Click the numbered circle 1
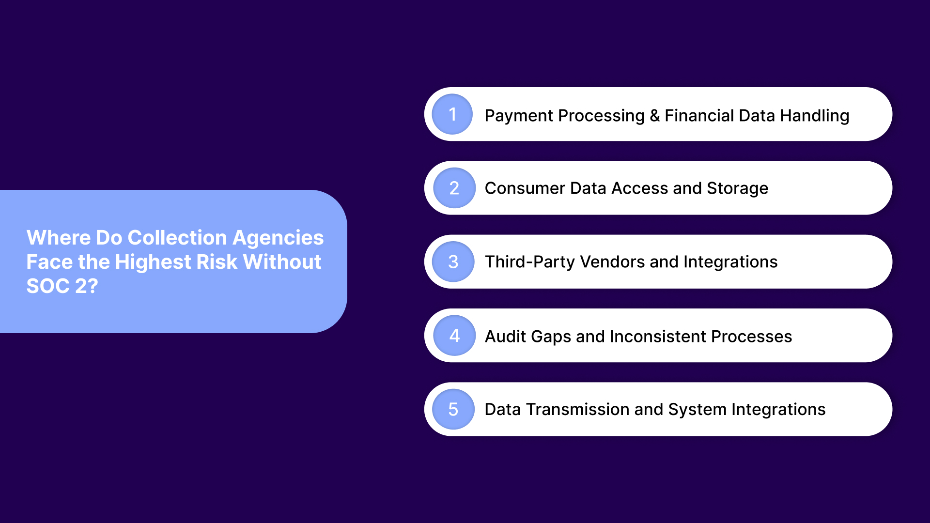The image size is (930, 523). pos(452,114)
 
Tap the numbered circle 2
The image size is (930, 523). pos(454,188)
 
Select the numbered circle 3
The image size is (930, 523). pos(453,262)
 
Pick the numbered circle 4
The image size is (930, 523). pos(454,336)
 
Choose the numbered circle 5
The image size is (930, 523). pos(453,410)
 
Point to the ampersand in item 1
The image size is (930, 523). pos(655,116)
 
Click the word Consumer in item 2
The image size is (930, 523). pos(525,188)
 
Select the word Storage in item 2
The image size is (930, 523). pos(737,188)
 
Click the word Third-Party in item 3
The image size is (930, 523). pos(529,262)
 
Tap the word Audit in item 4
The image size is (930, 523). pos(505,336)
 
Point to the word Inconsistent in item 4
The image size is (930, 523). pos(658,336)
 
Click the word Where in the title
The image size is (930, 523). pos(58,238)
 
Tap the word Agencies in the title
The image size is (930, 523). pos(278,238)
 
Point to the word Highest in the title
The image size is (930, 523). pos(153,262)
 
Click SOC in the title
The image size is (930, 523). pos(48,286)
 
